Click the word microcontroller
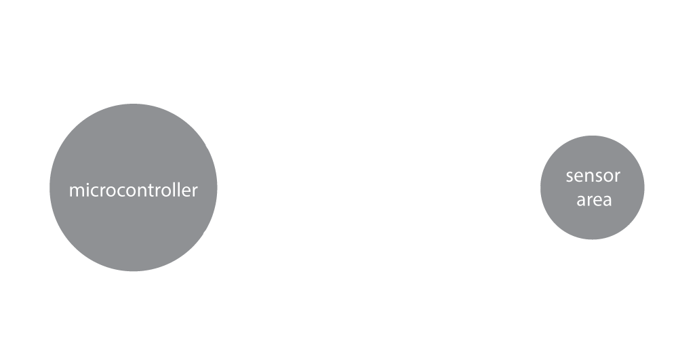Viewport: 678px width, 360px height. (x=133, y=190)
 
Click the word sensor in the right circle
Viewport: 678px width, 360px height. (x=593, y=176)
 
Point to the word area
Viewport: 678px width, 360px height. (x=593, y=200)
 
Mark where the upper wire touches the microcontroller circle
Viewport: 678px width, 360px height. (x=206, y=146)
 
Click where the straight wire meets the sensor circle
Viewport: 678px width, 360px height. (x=541, y=187)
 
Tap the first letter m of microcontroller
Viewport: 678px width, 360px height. (x=75, y=191)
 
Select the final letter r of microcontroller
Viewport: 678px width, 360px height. (x=195, y=191)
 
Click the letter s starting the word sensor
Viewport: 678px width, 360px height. (x=570, y=177)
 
